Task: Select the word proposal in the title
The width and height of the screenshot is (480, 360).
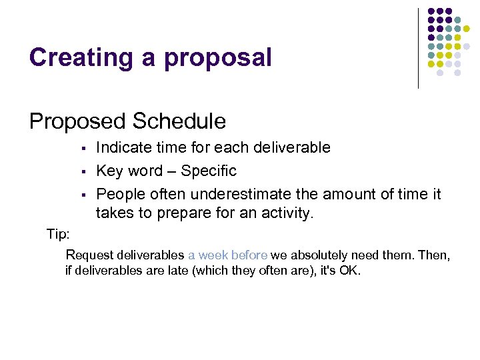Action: click(x=218, y=59)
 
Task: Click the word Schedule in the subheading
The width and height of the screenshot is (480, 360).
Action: click(x=179, y=121)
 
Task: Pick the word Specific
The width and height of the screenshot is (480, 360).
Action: click(x=209, y=171)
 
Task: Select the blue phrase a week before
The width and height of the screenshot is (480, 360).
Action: click(x=227, y=255)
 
